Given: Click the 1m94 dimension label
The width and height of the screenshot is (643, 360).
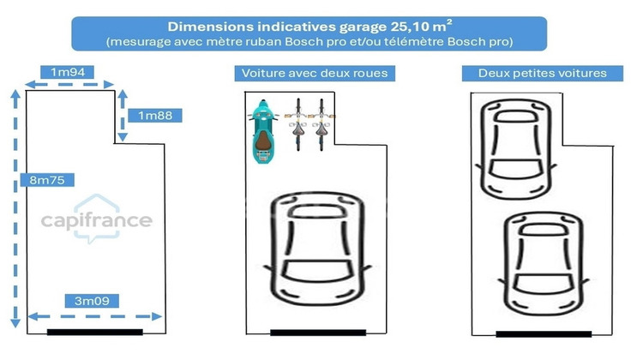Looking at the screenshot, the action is [x=67, y=72].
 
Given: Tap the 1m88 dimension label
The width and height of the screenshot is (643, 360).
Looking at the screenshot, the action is [x=155, y=116].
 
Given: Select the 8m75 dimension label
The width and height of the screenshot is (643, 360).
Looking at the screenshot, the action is [x=47, y=180].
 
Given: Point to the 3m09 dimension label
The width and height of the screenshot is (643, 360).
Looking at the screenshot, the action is [x=92, y=301].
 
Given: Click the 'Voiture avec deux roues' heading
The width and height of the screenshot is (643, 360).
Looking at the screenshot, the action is [x=315, y=74].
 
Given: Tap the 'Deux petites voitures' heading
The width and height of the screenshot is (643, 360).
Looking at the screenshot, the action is [x=542, y=74].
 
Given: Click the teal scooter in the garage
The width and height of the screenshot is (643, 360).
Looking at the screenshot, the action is [x=263, y=132].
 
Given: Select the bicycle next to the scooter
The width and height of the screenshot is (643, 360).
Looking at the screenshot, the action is [x=298, y=124].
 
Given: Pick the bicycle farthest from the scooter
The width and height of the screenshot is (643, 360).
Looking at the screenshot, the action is [x=321, y=124].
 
